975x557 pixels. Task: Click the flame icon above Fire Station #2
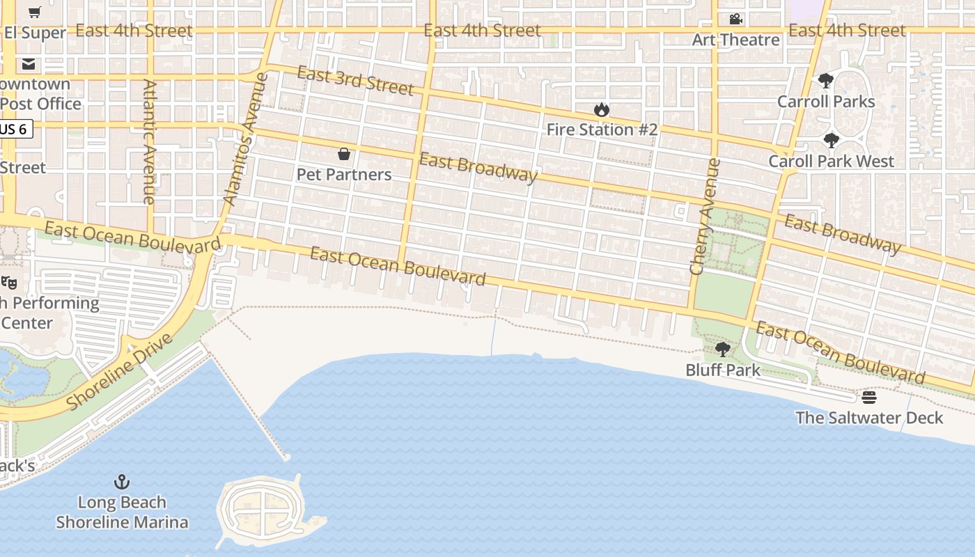coord(602,109)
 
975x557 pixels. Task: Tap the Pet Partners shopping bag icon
coord(343,154)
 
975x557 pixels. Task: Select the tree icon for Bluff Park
coord(722,350)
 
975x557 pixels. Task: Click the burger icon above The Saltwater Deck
coord(868,398)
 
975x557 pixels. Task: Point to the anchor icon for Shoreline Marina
coord(122,482)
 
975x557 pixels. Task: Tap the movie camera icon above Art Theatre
coord(735,19)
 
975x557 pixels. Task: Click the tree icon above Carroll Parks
coord(825,81)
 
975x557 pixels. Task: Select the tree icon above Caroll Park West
coord(831,141)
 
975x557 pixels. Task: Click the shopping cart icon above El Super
coord(34,12)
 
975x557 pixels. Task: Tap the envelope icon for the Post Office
coord(28,64)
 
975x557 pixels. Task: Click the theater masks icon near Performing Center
coord(8,282)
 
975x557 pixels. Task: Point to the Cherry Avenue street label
coord(704,216)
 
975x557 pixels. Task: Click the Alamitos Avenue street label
coord(244,139)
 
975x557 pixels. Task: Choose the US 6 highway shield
coord(15,129)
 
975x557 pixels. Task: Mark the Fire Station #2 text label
coord(602,130)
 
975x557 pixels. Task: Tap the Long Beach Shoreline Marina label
coord(122,512)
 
